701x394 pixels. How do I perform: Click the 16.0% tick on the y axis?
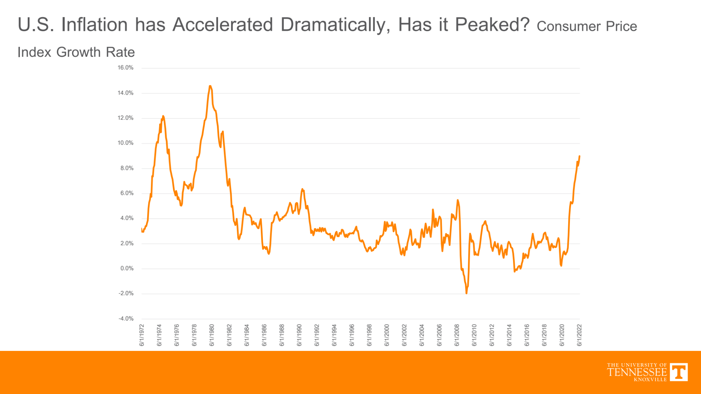tap(125, 68)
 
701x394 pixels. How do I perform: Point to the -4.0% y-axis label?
tap(126, 319)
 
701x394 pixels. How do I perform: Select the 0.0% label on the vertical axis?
tap(127, 269)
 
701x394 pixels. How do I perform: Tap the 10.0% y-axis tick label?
tap(125, 143)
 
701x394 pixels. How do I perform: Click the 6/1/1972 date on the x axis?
tap(142, 335)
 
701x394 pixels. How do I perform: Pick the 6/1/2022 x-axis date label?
tap(579, 335)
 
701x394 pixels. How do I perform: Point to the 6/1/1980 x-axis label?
tap(212, 335)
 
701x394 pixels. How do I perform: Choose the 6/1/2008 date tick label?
tap(457, 335)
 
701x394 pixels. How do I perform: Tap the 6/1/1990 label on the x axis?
tap(299, 335)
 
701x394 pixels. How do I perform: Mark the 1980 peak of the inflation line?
tap(210, 86)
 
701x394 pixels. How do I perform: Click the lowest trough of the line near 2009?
tap(467, 293)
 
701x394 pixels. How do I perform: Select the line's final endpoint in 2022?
tap(579, 156)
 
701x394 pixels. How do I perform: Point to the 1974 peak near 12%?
tap(163, 116)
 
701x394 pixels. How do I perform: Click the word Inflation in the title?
tap(94, 25)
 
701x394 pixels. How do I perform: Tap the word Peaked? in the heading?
tap(492, 25)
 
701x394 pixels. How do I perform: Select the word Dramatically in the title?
tap(335, 25)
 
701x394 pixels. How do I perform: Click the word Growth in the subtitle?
tap(79, 52)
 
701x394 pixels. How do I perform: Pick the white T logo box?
tap(679, 372)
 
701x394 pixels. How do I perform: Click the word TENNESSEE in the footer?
tap(637, 372)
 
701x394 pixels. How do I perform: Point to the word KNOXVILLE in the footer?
tap(650, 380)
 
